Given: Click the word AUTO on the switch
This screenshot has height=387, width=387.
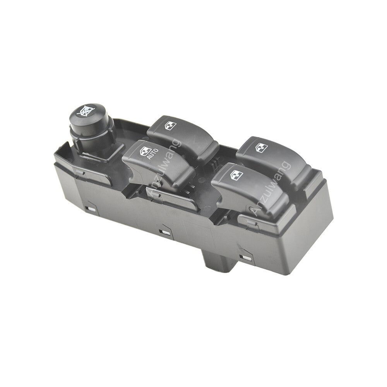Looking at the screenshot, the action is tap(153, 154).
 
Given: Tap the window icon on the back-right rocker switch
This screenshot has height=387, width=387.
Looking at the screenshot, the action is tap(262, 147).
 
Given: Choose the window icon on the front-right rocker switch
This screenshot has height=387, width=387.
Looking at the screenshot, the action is tap(236, 175).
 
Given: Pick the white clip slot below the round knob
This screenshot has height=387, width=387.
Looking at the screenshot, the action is tap(92, 209).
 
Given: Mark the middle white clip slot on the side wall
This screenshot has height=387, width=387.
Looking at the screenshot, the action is tap(164, 232).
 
